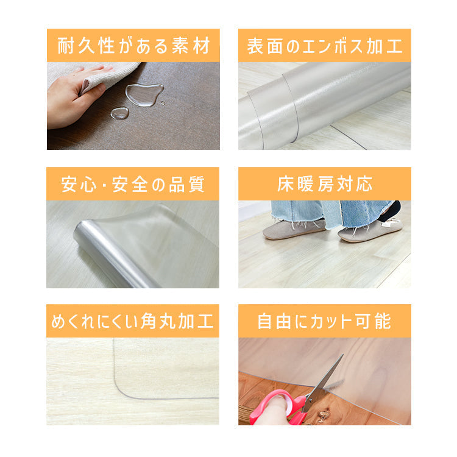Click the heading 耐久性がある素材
pos(133,46)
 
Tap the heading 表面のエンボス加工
pos(324,46)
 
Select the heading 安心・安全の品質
pos(133,184)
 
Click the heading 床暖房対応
pos(324,184)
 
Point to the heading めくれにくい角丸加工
pos(133,321)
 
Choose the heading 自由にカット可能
pos(324,321)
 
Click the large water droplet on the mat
pos(144,94)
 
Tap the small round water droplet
pos(120,113)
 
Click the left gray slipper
pos(293,229)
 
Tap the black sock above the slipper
pos(390,211)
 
